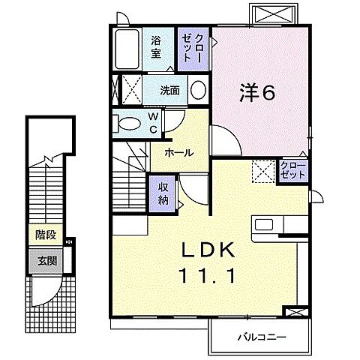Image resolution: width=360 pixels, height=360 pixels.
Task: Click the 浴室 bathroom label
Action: tap(157, 47)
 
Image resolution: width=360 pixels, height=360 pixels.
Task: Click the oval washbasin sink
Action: tap(199, 91)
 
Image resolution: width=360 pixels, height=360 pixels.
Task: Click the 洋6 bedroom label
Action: tap(257, 93)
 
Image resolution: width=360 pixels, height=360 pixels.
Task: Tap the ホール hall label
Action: tap(179, 152)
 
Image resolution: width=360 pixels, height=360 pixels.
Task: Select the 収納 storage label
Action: tap(163, 193)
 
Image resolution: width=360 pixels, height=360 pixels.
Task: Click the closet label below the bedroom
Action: tap(292, 169)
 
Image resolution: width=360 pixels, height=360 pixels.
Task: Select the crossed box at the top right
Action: tap(270, 13)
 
